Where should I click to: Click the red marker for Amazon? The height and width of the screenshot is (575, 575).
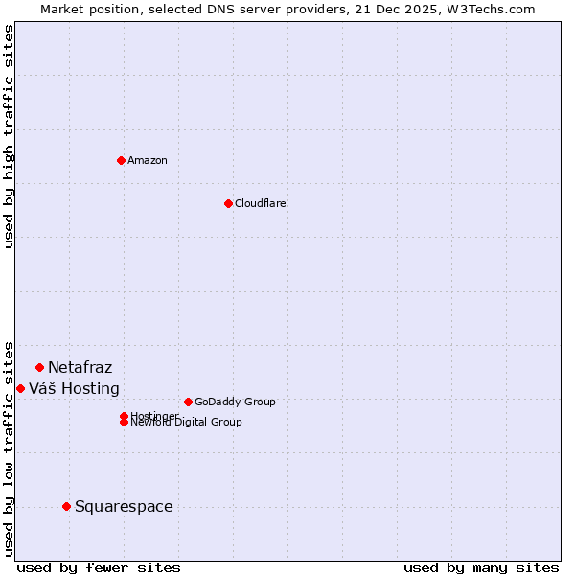(121, 160)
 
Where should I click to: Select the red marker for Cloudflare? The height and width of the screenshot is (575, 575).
(228, 203)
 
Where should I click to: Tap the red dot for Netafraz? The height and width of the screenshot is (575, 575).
(39, 367)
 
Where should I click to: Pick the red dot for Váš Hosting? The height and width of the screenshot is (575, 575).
(20, 388)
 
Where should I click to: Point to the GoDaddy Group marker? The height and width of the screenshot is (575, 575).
(188, 402)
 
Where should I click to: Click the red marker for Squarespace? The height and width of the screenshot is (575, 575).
(66, 506)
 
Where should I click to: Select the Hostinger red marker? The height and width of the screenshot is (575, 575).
(124, 416)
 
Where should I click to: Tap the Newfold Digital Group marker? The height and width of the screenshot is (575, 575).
(124, 423)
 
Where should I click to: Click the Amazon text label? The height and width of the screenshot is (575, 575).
(147, 160)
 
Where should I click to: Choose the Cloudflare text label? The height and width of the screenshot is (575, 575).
(260, 203)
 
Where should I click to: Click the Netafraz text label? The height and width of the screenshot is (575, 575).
(80, 367)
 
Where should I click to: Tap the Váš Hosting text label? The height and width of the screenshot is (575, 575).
(74, 388)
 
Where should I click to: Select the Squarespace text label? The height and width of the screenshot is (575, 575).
(124, 506)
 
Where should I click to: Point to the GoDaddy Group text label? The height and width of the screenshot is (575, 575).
(235, 402)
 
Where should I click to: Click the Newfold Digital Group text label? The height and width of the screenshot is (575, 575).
(186, 423)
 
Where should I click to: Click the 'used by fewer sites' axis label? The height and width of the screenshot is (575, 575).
(99, 567)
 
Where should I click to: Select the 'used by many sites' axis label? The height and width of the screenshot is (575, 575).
(481, 567)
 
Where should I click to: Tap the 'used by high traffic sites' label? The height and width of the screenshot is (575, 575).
(9, 136)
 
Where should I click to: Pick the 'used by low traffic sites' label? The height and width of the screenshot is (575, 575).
(9, 448)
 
